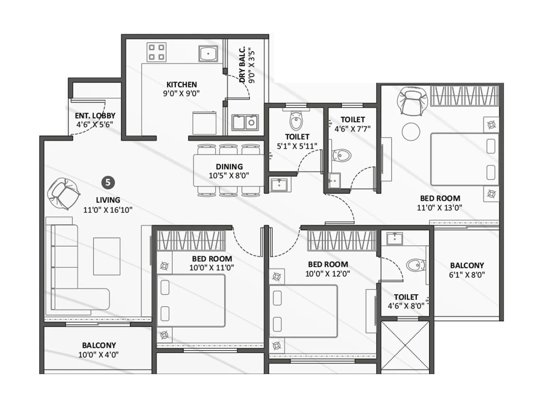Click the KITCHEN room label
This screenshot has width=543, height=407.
point(182,84)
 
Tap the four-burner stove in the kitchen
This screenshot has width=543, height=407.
point(156,52)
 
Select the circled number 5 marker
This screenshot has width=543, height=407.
point(108,182)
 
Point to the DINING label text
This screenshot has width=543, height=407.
point(229,167)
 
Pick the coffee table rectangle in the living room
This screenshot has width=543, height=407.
point(107,256)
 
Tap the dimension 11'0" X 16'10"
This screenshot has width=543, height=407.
point(108,210)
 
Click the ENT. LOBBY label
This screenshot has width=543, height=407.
point(95,116)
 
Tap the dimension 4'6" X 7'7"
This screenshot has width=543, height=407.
point(352,129)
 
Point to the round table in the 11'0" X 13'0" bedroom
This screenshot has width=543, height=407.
point(411,132)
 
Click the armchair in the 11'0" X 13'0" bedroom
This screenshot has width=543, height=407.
point(412,100)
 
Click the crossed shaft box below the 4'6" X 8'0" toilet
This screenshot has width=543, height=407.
point(405,346)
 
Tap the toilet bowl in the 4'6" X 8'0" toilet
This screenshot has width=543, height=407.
point(416,265)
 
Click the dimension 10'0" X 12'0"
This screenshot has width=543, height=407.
point(327,274)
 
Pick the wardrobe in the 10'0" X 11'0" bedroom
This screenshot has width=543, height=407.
point(191,240)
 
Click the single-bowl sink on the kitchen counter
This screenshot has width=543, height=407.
point(208,54)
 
